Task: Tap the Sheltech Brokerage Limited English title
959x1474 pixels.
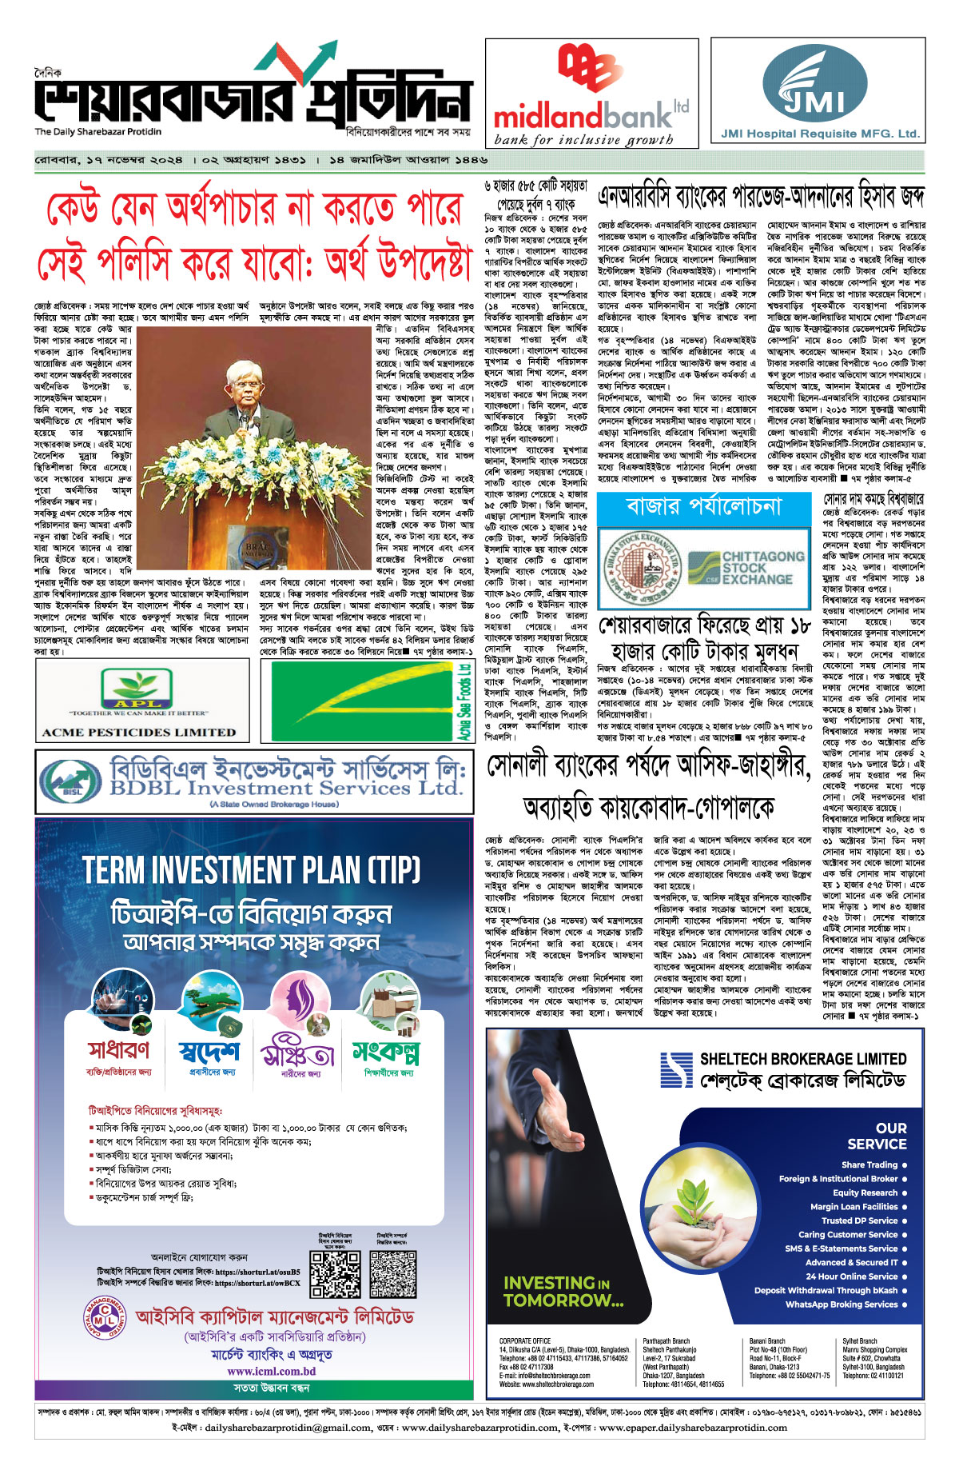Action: tap(802, 1059)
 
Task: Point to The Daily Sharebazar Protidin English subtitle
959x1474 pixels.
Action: tap(97, 132)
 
